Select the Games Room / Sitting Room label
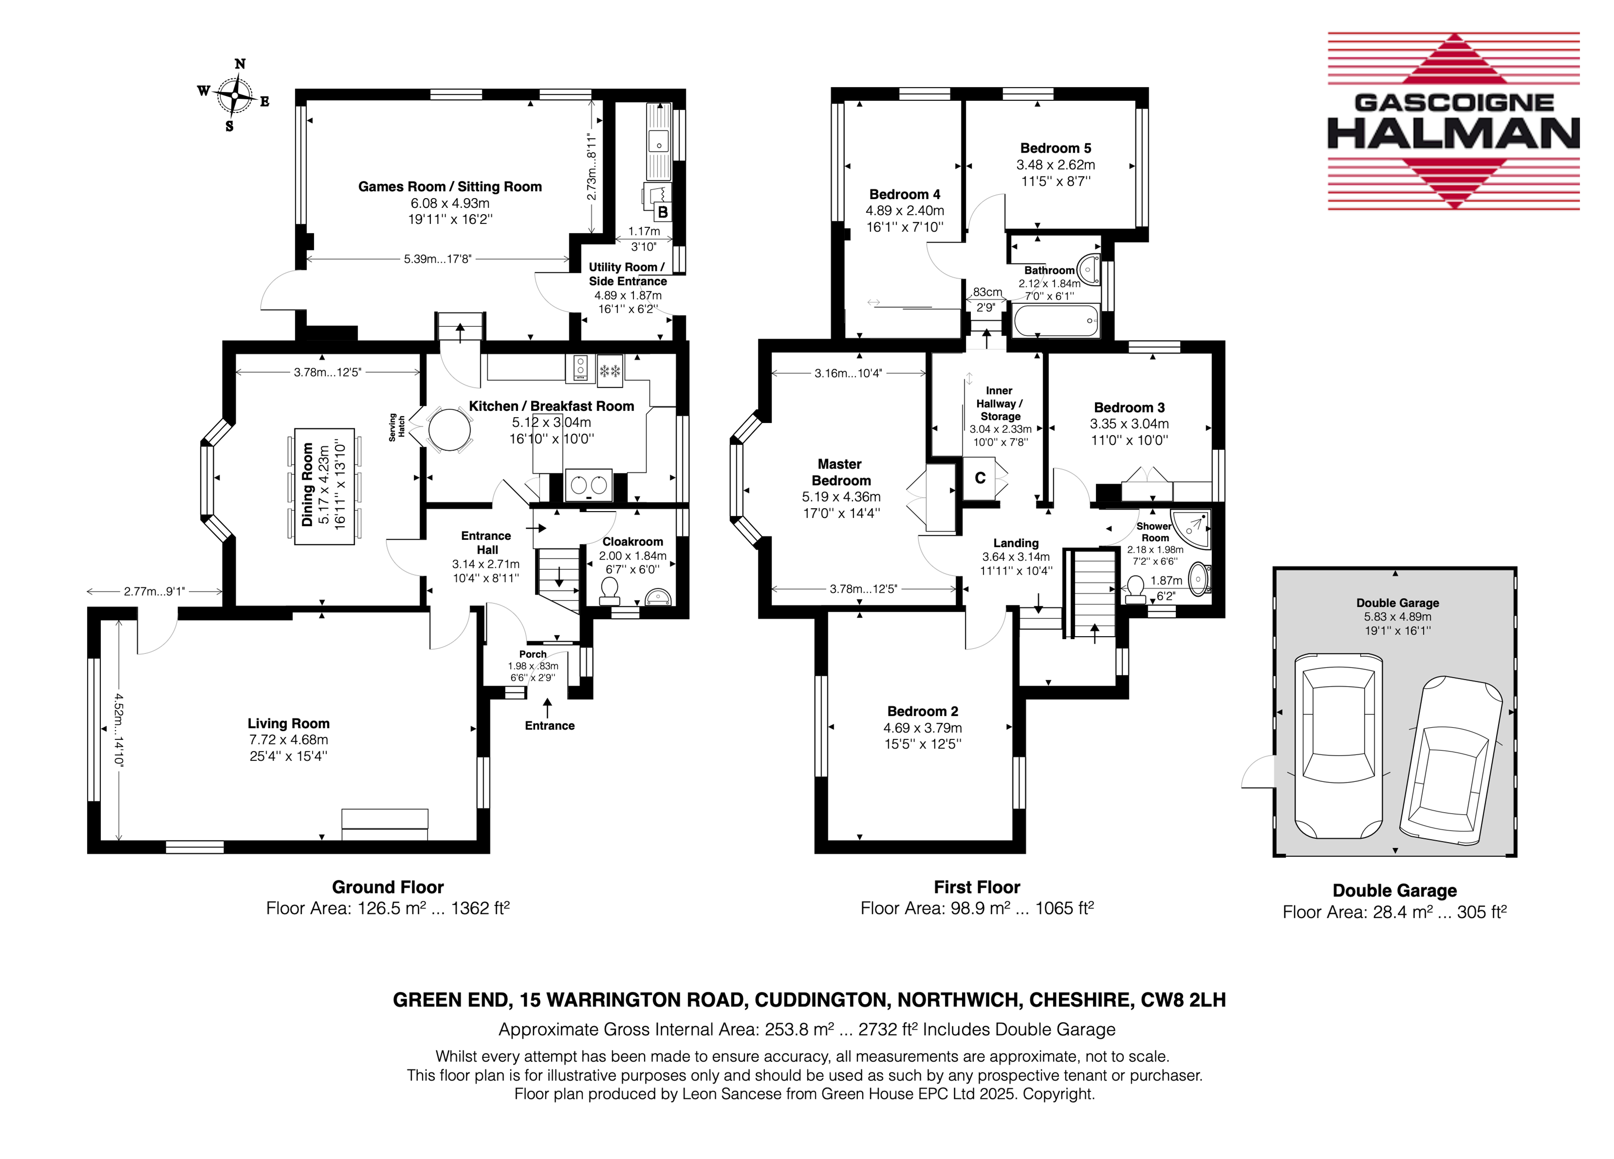(x=450, y=186)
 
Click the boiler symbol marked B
(x=662, y=211)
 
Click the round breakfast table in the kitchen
(x=449, y=430)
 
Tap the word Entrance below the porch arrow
(x=549, y=726)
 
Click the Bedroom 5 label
(x=1055, y=148)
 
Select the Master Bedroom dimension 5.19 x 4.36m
(x=841, y=497)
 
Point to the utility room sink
(x=659, y=140)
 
